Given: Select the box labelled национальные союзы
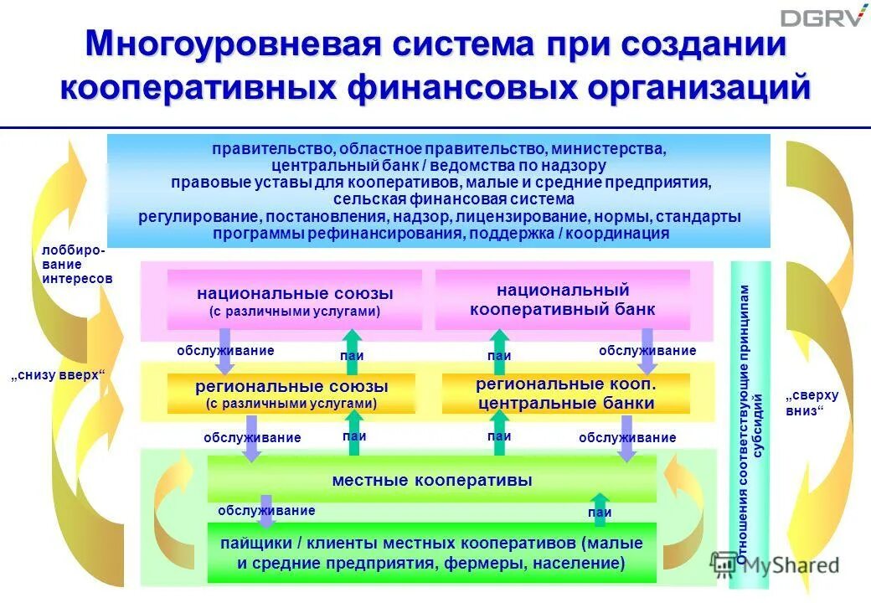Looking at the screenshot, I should tap(295, 301).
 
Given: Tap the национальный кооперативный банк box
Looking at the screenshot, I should tap(562, 300).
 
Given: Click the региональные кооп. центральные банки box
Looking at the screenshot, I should tap(565, 394).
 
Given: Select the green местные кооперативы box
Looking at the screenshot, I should tap(432, 480).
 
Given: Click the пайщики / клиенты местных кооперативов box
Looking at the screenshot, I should tap(432, 553).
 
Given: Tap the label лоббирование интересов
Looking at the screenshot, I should tap(75, 265).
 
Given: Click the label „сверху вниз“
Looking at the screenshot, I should tap(811, 402).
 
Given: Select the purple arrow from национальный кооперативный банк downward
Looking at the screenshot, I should tap(647, 351).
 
